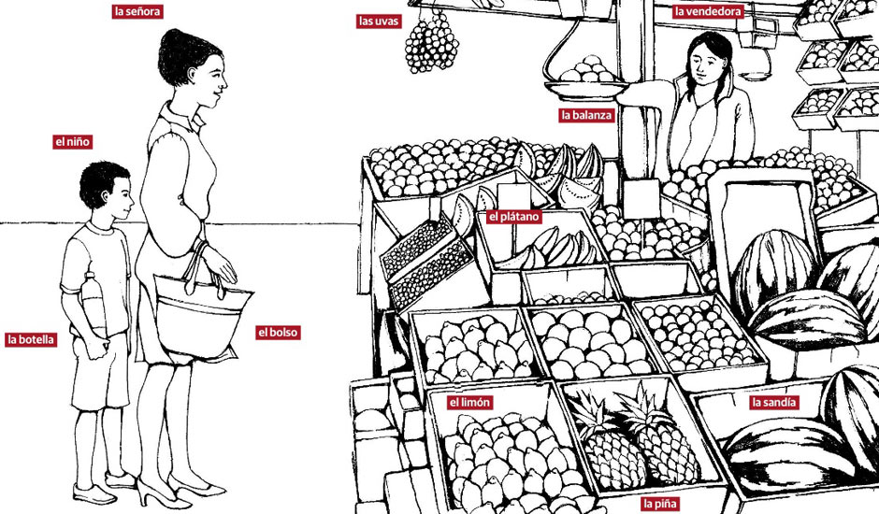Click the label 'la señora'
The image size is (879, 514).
[x=137, y=11]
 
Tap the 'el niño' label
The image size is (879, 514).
[x=72, y=142]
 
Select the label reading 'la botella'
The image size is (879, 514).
[x=31, y=339]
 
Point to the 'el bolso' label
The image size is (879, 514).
[x=278, y=333]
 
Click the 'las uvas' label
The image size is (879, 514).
[x=379, y=21]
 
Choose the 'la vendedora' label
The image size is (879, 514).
[x=708, y=11]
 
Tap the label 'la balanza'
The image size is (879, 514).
[x=586, y=116]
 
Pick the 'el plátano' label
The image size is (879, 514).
[x=513, y=217]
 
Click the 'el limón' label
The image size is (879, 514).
[x=469, y=402]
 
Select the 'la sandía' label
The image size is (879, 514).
[x=773, y=402]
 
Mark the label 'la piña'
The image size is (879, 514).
[x=660, y=504]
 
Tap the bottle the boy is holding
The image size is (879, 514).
[x=94, y=306]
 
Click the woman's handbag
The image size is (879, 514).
[x=201, y=314]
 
